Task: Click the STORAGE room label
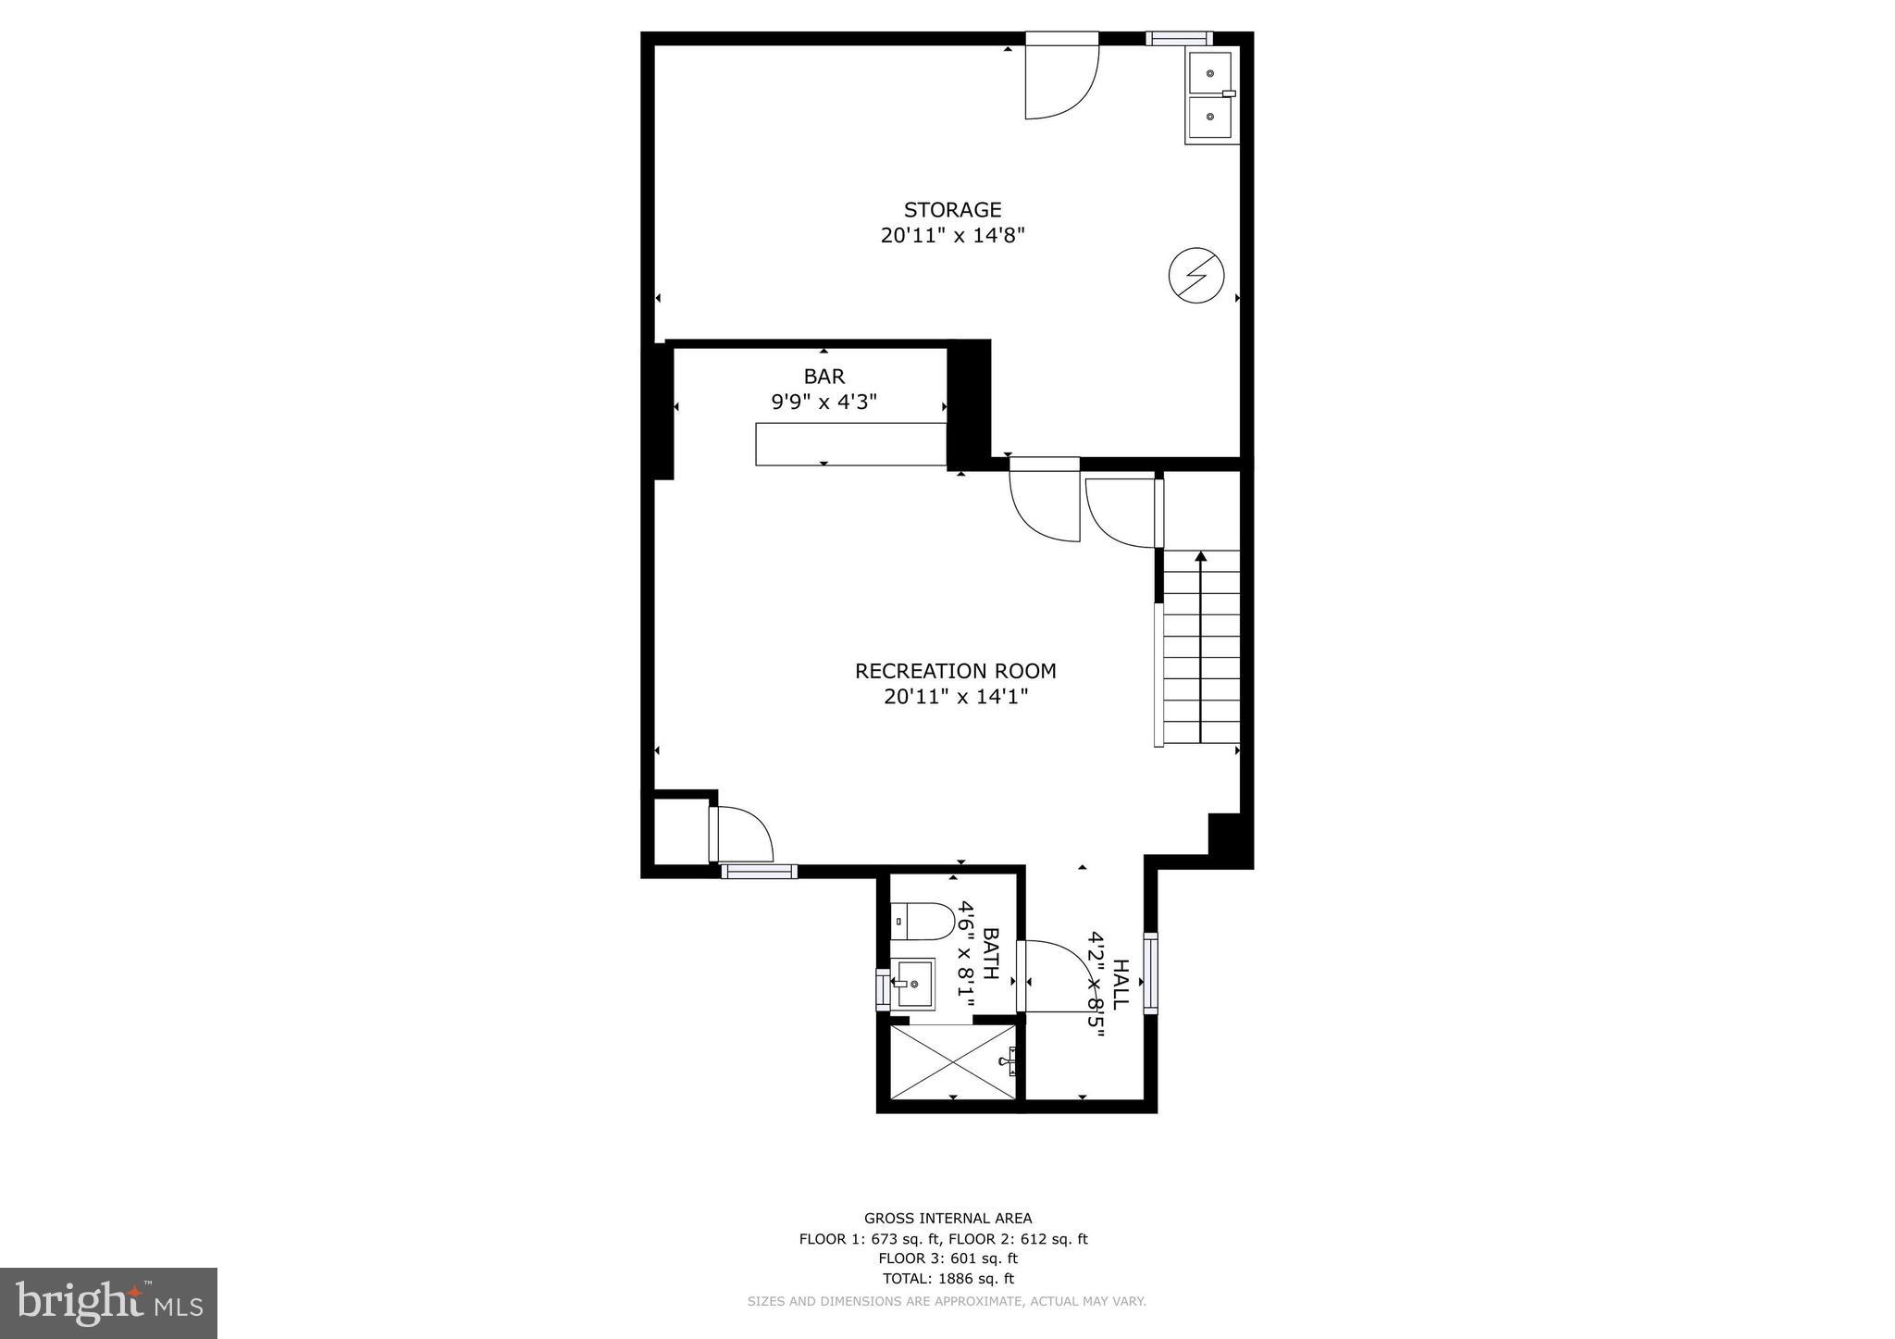(x=952, y=210)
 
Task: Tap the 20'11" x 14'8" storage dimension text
(x=952, y=236)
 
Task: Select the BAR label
(x=824, y=377)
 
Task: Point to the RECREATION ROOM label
(x=955, y=671)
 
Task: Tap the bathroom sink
(x=912, y=984)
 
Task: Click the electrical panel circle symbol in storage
(x=1196, y=275)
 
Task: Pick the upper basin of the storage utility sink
(x=1209, y=72)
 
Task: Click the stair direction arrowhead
(x=1201, y=556)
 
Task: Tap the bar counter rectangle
(x=850, y=443)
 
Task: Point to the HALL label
(x=1120, y=985)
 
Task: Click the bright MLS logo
(x=108, y=1303)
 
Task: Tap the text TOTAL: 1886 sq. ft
(x=947, y=1279)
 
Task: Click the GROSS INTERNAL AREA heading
(x=947, y=1219)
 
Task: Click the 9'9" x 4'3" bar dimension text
(x=824, y=403)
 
